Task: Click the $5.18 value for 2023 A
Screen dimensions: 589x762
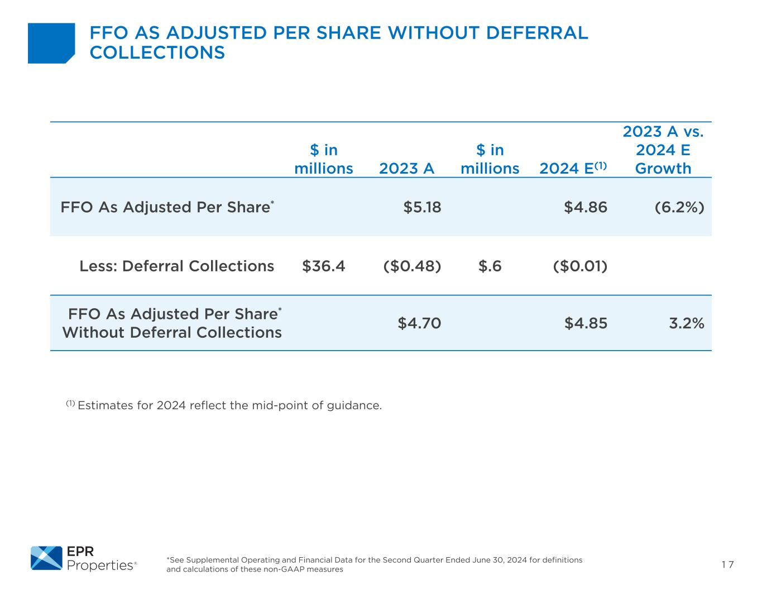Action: pyautogui.click(x=422, y=207)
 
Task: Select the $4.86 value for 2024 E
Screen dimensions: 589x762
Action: pyautogui.click(x=586, y=207)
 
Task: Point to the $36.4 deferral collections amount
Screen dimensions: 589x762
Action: pyautogui.click(x=323, y=266)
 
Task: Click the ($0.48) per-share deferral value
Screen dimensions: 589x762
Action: pyautogui.click(x=412, y=266)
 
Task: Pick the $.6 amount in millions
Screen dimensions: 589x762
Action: pyautogui.click(x=490, y=266)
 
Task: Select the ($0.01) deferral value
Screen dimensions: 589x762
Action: pyautogui.click(x=580, y=266)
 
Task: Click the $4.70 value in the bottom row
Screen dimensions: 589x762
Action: pyautogui.click(x=419, y=323)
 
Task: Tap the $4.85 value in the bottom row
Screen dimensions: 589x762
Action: pyautogui.click(x=586, y=323)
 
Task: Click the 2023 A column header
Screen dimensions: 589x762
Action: pyautogui.click(x=406, y=169)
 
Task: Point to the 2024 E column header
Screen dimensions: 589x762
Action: pyautogui.click(x=573, y=168)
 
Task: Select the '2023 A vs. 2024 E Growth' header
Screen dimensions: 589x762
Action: pyautogui.click(x=663, y=150)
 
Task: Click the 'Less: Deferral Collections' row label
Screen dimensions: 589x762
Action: pyautogui.click(x=177, y=266)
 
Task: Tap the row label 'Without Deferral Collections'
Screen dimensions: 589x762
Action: pyautogui.click(x=172, y=333)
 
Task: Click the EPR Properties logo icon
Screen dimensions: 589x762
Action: pyautogui.click(x=46, y=558)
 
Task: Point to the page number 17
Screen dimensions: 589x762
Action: pyautogui.click(x=727, y=564)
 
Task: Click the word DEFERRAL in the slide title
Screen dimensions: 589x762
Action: pyautogui.click(x=537, y=33)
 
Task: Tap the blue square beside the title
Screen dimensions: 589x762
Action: pyautogui.click(x=51, y=43)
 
